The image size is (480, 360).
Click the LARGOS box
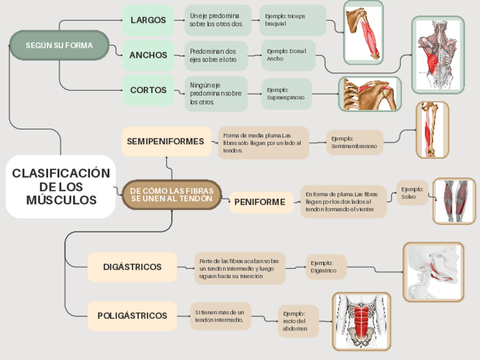[148, 20]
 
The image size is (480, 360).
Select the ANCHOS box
[148, 55]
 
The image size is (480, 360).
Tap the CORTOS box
[148, 90]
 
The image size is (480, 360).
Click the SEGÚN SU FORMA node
[59, 45]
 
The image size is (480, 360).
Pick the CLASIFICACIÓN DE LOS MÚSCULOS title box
[61, 186]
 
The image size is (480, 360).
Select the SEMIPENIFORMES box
[165, 142]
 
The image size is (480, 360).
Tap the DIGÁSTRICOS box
[132, 267]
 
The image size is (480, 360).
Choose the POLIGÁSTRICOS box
[132, 316]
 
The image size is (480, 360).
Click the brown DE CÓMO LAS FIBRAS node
[172, 195]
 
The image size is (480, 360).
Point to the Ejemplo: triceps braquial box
[293, 20]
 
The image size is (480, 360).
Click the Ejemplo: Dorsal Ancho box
[288, 55]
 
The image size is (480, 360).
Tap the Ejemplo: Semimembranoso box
[354, 142]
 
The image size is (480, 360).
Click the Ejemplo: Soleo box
[412, 193]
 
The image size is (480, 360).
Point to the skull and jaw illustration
[433, 272]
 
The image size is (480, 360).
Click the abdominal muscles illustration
[361, 321]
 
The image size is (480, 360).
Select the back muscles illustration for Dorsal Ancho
[438, 54]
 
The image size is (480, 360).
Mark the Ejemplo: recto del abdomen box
[298, 321]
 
